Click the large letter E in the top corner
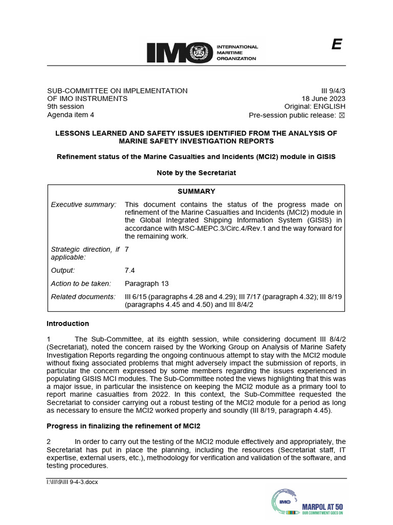336,45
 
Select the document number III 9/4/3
332,91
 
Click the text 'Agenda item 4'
70,115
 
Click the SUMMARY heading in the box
196,191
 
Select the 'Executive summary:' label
84,205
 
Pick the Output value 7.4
130,270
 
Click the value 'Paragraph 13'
147,284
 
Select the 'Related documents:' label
83,297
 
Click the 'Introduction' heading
68,324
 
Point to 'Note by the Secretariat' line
196,173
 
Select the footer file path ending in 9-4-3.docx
72,482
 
